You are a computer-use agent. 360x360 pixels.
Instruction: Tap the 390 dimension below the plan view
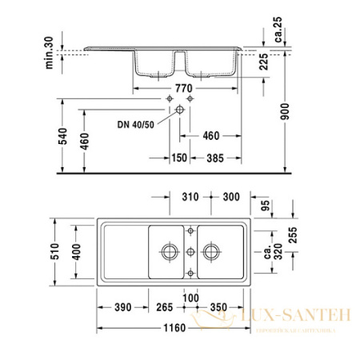pos(122,306)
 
